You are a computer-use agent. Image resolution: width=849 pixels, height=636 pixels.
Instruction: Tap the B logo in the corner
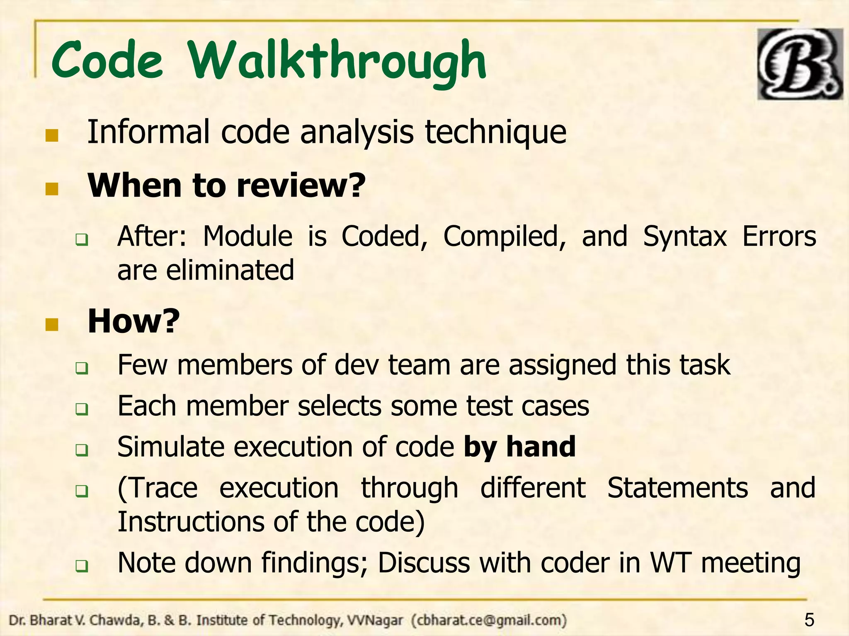(x=800, y=64)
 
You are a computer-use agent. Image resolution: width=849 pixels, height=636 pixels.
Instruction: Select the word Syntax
(x=685, y=237)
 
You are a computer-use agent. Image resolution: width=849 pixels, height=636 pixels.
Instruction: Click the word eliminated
(x=230, y=270)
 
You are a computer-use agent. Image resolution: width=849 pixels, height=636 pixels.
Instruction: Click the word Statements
(x=677, y=488)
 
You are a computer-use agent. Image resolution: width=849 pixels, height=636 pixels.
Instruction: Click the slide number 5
(x=809, y=620)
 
